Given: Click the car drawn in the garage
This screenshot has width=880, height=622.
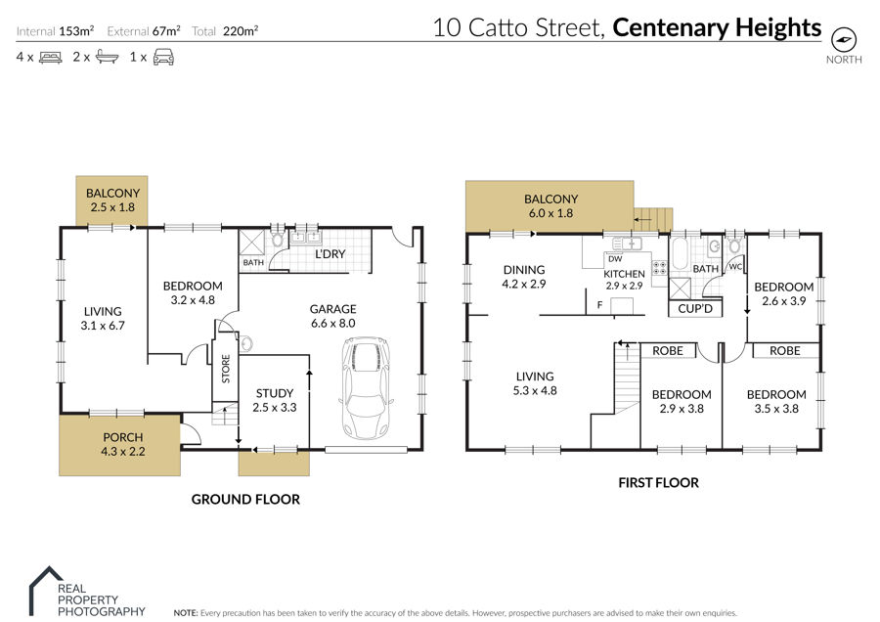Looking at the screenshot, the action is coord(366,388).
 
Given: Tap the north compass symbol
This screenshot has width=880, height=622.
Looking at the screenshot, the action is coord(844,39).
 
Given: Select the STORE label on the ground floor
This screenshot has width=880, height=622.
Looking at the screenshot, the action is coord(226,369).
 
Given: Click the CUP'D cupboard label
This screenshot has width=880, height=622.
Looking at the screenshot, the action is coord(695,309).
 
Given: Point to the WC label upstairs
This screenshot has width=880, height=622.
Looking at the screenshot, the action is coord(735,267).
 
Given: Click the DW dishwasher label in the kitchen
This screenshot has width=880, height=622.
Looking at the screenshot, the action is coord(615,259).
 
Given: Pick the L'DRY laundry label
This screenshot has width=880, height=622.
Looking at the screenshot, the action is coord(330,254).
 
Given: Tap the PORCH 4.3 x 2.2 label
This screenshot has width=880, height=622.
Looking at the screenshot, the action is coord(123,444).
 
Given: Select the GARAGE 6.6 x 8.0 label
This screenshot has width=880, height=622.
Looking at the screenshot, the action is coord(332,316).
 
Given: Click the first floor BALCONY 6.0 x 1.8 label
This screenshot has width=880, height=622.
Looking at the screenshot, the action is coord(550,206).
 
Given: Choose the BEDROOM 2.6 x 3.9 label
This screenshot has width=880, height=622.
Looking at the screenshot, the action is coord(783,293).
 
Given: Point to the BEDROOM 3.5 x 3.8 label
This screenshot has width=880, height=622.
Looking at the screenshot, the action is coord(776,401).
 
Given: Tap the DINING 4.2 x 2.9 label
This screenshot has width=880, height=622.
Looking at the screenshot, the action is coord(524,277).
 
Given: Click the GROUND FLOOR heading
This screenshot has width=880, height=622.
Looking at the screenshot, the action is coord(245,500).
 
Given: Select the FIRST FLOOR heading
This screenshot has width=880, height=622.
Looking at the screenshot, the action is coord(658,483).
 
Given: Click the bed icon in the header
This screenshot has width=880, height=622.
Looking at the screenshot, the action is coord(51,58).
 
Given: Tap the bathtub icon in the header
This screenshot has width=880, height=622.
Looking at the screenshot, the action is coord(108,57).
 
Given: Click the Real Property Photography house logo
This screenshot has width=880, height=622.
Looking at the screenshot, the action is coord(46,591).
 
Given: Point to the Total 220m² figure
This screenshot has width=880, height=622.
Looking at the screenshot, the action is coord(225,31).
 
